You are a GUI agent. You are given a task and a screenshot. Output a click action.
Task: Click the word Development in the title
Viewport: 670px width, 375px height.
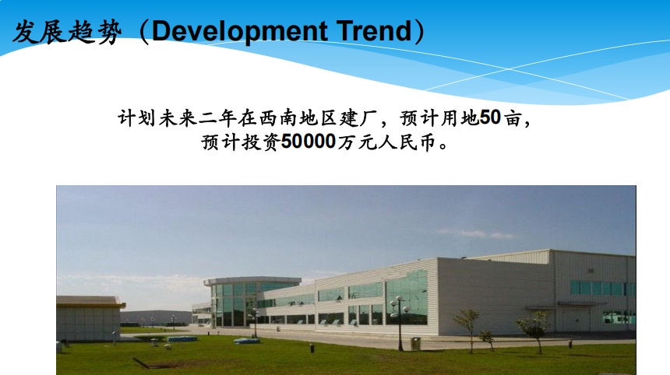point(239,32)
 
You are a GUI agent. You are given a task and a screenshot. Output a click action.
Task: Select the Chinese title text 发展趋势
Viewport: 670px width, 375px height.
point(67,32)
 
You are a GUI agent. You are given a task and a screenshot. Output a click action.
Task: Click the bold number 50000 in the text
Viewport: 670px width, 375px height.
point(309,142)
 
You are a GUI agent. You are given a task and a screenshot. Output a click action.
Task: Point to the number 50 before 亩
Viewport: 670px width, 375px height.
point(490,117)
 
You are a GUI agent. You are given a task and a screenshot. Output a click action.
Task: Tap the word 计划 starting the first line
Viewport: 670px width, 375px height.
point(137,118)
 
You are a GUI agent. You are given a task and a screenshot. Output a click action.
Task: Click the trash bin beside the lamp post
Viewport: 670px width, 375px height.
point(415,344)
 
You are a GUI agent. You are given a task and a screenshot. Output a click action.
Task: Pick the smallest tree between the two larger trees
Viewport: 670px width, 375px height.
point(487,340)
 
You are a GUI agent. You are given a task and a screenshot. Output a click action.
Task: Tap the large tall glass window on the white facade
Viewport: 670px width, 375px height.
point(407,297)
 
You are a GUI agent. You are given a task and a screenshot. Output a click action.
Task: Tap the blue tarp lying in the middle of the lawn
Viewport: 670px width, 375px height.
point(247,341)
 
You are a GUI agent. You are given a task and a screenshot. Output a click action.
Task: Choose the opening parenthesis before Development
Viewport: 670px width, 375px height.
point(144,32)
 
